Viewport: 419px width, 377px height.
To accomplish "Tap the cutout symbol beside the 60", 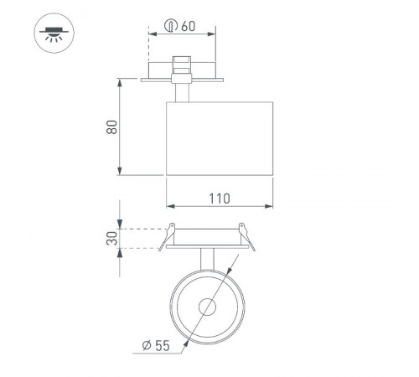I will (170, 27).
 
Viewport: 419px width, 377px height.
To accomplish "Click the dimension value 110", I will (220, 199).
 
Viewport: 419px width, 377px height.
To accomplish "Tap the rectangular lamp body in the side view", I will (220, 138).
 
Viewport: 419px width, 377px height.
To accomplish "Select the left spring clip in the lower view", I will (169, 235).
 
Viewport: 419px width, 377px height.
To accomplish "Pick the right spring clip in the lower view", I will (244, 235).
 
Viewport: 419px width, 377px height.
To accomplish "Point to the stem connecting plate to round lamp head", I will (207, 260).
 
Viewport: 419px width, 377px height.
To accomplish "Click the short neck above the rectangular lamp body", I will (179, 90).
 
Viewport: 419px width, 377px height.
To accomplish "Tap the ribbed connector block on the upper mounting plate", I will (179, 66).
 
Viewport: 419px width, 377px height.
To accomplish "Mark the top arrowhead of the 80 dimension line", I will (122, 81).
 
